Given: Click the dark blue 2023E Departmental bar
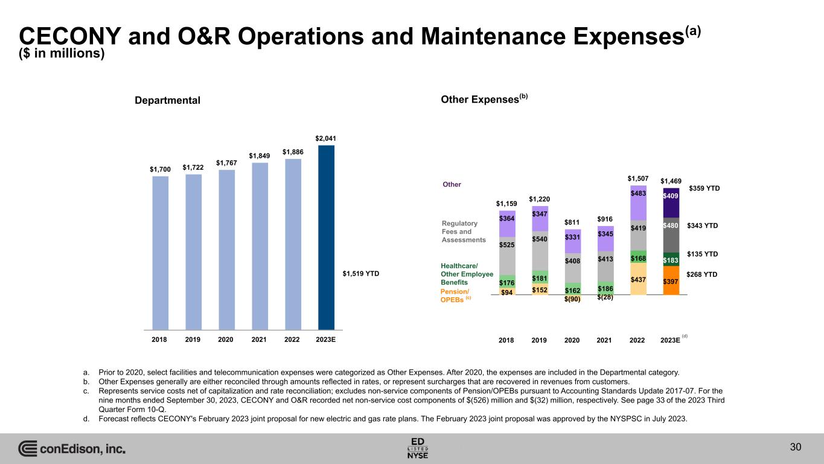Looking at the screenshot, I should pos(326,237).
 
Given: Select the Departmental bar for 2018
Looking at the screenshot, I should pos(160,253).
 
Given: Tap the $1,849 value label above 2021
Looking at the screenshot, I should pos(259,156).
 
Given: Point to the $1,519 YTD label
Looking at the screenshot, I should pos(361,274).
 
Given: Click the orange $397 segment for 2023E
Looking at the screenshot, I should pos(671,281).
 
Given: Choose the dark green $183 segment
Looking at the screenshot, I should pos(671,259).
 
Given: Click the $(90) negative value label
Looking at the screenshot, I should pos(572,299).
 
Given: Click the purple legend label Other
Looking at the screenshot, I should pos(452,184).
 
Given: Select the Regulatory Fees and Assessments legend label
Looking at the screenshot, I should pos(464,231).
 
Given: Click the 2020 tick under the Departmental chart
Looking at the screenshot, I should pos(226,340).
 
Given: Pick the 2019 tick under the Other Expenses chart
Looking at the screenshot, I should pos(539,340).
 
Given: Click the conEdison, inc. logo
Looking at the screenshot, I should pos(72,449).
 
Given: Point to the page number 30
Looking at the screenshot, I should pos(796,447).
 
